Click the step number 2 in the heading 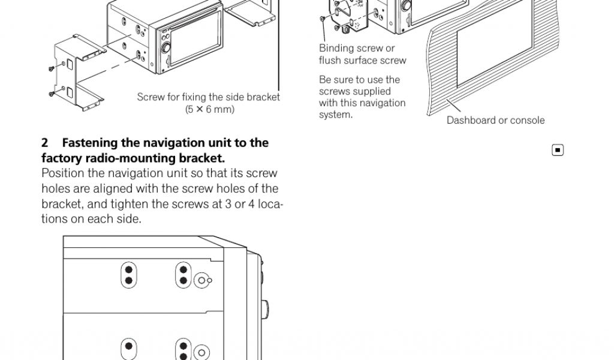pos(45,143)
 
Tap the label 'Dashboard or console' pos(495,121)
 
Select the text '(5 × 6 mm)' pos(209,109)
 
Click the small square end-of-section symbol pos(558,150)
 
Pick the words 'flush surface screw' pos(362,61)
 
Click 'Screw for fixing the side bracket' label pos(208,97)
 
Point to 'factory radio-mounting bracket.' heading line pos(133,159)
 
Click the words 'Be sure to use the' pos(359,80)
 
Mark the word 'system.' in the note pos(336,115)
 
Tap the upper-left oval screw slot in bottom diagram pos(128,275)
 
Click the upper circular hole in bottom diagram pos(202,280)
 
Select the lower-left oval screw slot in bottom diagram pos(128,348)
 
